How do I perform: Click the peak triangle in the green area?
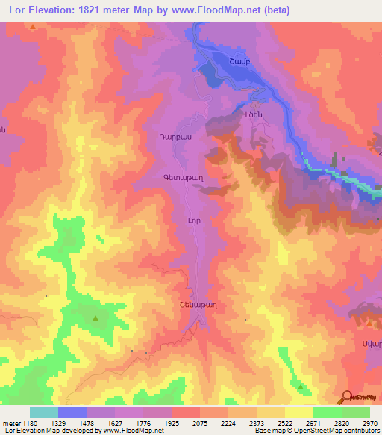95,319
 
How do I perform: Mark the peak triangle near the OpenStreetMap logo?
301,386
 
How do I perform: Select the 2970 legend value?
369,423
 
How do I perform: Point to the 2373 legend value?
254,423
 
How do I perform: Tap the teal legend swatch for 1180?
44,412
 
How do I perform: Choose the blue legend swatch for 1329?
72,412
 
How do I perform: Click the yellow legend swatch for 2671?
298,412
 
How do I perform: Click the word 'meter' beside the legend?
10,423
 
